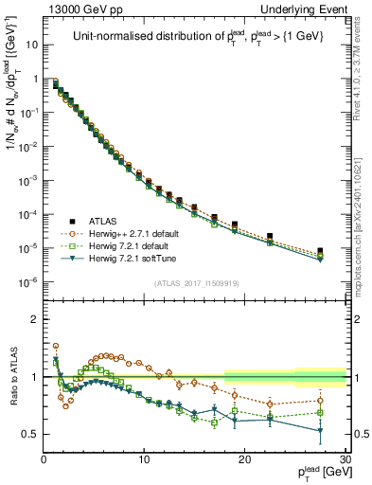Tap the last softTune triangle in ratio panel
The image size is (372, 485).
[320, 431]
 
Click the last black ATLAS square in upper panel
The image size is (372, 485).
[320, 251]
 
